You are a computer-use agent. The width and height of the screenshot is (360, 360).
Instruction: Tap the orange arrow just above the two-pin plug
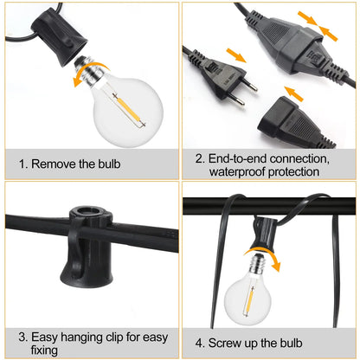coord(233,55)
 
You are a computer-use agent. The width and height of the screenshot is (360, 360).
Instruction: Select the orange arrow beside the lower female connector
coord(289,88)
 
